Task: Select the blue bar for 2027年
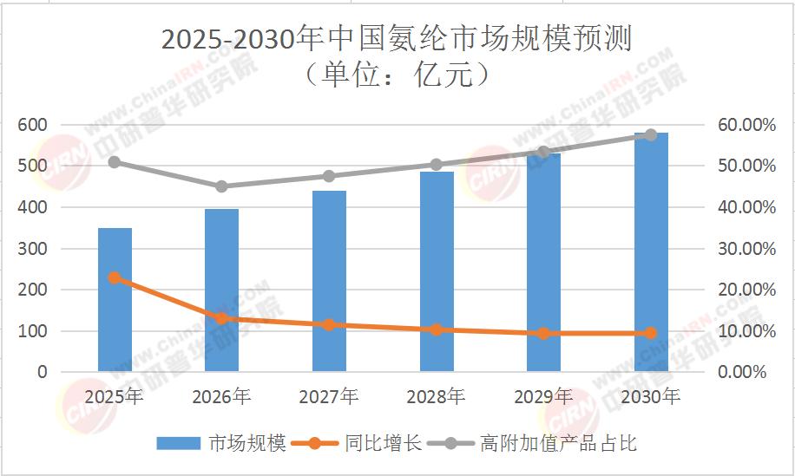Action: tap(329, 282)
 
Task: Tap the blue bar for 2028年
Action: tap(437, 272)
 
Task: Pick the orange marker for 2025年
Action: tap(115, 277)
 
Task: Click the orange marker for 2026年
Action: tap(221, 318)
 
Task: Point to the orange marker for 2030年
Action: tap(651, 333)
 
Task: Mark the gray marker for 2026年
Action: tap(221, 186)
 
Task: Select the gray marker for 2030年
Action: tap(651, 135)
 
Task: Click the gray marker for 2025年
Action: tap(115, 162)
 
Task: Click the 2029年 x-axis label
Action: tap(543, 397)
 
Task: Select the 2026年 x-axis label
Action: tap(221, 397)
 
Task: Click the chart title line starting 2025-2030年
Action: tap(397, 39)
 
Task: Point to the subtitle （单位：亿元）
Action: tap(397, 75)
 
